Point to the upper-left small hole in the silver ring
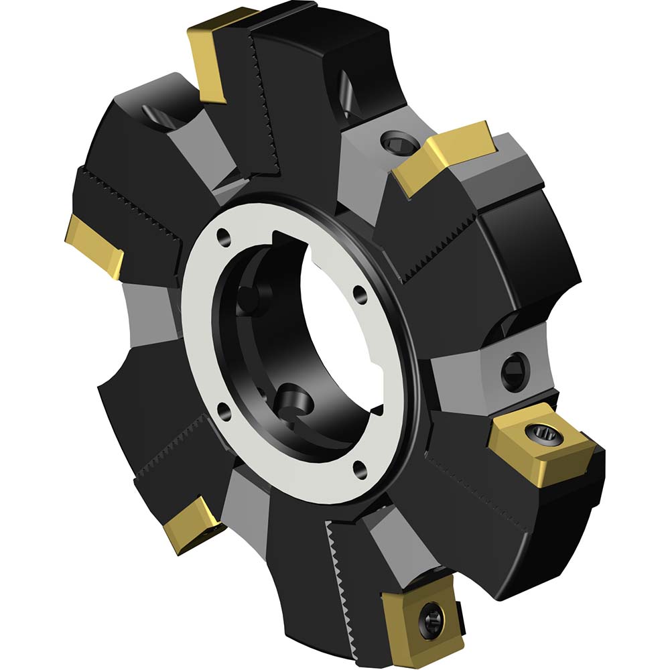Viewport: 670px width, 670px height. pyautogui.click(x=220, y=237)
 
